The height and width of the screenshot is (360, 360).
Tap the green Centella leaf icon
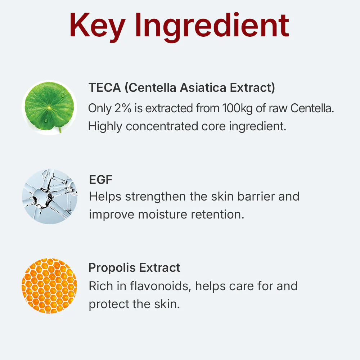(49, 107)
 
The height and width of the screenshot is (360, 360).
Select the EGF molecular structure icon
(49, 197)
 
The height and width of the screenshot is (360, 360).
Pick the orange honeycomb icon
(49, 285)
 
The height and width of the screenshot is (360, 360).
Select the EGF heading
(100, 179)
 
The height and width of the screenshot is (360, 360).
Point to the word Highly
(105, 126)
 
